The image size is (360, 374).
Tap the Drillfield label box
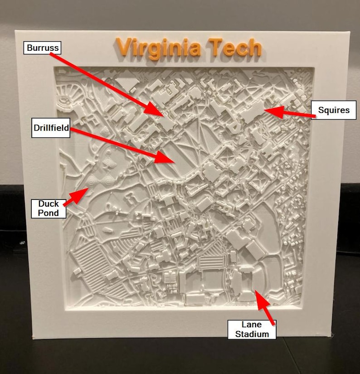pyautogui.click(x=51, y=128)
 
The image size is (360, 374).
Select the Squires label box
pyautogui.click(x=334, y=110)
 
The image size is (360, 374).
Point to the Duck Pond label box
pyautogui.click(x=49, y=208)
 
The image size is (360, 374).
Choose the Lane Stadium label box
pyautogui.click(x=252, y=329)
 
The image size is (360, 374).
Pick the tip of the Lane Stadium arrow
pyautogui.click(x=256, y=291)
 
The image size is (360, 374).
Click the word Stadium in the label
pyautogui.click(x=252, y=334)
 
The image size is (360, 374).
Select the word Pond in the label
pyautogui.click(x=49, y=213)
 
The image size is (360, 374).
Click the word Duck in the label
pyautogui.click(x=49, y=204)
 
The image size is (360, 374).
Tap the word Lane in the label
pyautogui.click(x=252, y=325)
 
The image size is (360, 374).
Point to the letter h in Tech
pyautogui.click(x=255, y=47)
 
